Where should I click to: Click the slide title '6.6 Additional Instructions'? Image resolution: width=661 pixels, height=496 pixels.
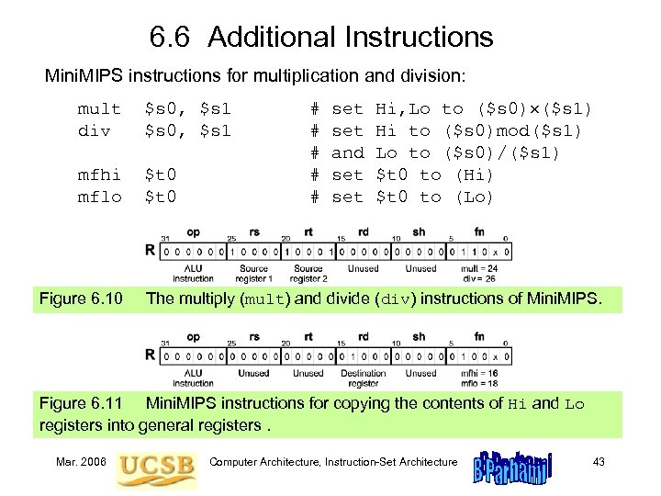(320, 38)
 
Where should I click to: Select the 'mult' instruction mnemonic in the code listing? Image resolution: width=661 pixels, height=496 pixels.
(99, 109)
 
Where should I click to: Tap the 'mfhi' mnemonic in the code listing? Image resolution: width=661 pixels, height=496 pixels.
(99, 175)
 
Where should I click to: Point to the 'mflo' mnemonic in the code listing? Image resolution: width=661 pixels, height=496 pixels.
(99, 197)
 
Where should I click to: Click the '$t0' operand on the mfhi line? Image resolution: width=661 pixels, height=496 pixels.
(162, 175)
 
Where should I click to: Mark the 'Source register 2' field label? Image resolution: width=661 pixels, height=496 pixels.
(308, 273)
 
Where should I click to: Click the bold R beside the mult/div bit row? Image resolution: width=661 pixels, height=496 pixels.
(150, 249)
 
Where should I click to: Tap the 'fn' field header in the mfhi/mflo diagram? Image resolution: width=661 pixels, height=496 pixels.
(479, 337)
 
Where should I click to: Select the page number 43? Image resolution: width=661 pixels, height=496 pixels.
(598, 461)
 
